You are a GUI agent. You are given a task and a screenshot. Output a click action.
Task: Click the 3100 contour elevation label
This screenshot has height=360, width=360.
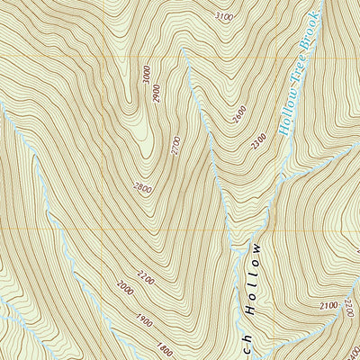[x=225, y=16]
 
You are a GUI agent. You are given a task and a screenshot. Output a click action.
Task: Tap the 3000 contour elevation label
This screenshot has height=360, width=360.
[x=147, y=75]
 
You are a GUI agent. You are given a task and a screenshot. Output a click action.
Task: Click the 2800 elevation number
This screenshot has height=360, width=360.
[x=142, y=188]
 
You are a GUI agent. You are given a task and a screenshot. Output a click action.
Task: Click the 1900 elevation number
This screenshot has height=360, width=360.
[x=144, y=319]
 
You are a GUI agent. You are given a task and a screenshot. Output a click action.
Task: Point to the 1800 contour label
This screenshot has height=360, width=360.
[x=164, y=347]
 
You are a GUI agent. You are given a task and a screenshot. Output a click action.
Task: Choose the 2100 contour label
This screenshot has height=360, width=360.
[x=328, y=307]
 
